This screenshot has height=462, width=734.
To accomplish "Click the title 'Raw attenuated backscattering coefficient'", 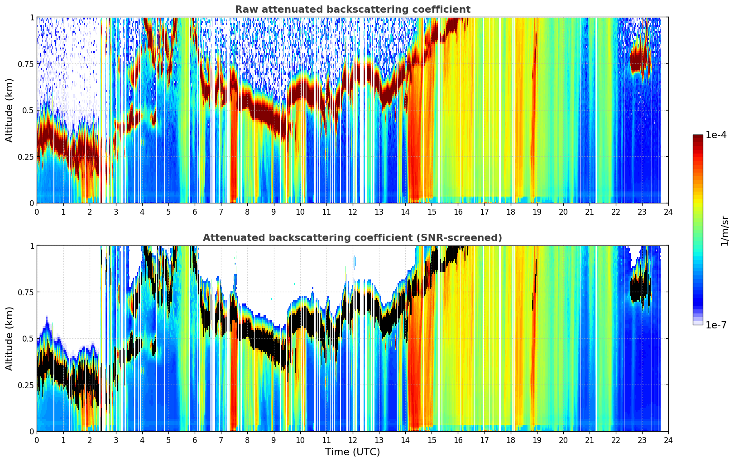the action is coord(353,10).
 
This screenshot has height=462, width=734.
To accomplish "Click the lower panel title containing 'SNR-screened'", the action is coord(352,238).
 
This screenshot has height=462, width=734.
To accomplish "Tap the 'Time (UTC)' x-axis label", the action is coord(353,452).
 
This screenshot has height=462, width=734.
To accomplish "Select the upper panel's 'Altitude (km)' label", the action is coord(9,111).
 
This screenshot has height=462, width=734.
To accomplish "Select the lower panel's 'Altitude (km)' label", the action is coord(9,338).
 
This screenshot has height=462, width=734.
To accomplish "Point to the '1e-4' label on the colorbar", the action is coord(716,135).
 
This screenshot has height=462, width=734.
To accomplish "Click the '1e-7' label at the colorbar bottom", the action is coord(716,325).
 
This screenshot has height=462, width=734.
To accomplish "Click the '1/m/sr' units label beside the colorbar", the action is coord(724,231).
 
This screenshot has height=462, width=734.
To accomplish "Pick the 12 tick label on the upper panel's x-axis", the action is coord(353,212).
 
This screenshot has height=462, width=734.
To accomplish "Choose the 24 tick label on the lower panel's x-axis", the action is coord(668,440).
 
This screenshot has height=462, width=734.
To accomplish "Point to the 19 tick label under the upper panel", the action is coord(537,212).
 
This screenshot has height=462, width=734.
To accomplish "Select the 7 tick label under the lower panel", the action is coord(221,440).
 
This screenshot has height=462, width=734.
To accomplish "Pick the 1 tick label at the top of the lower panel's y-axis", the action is coord(32,246).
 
